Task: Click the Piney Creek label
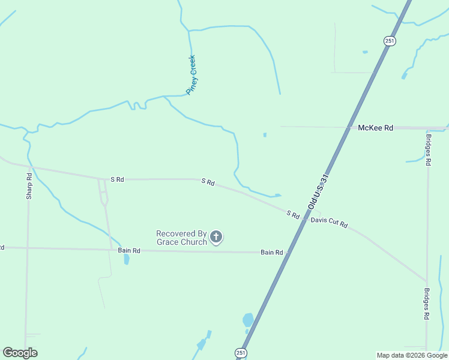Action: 191,75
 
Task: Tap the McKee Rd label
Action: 375,128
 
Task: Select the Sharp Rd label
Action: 29,187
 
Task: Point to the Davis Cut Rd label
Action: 329,222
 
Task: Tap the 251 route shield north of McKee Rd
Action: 390,40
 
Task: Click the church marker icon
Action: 217,238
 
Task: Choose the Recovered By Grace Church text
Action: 181,238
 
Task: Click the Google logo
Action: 20,353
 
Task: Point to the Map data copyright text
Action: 412,355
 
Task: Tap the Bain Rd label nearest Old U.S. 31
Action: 271,253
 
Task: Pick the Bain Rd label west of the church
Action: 128,250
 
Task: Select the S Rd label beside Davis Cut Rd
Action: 292,214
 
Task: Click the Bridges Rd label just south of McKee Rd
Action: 428,150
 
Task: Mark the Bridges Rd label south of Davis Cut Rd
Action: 427,303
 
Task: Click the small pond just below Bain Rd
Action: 126,259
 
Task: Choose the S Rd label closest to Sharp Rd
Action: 117,179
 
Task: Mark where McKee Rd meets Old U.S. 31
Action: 349,127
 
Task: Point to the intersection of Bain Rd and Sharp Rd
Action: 27,247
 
